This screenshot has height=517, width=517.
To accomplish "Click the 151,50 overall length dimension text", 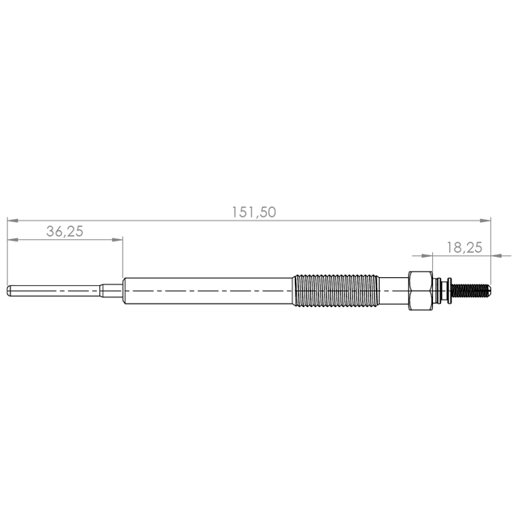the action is point(254,212).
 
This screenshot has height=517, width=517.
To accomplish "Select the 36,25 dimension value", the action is point(65,231).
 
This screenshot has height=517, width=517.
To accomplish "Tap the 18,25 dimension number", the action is point(464,247).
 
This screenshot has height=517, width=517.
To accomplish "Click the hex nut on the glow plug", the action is point(420,291).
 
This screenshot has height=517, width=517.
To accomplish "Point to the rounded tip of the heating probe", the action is point(9,291).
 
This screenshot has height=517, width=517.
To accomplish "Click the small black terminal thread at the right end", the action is point(470,291).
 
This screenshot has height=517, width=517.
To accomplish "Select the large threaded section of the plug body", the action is point(336,291).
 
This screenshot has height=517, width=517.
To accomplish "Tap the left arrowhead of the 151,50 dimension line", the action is point(13,221).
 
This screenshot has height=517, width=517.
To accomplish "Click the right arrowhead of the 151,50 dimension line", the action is point(485,221).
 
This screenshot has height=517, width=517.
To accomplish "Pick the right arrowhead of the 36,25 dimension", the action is point(117,239).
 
